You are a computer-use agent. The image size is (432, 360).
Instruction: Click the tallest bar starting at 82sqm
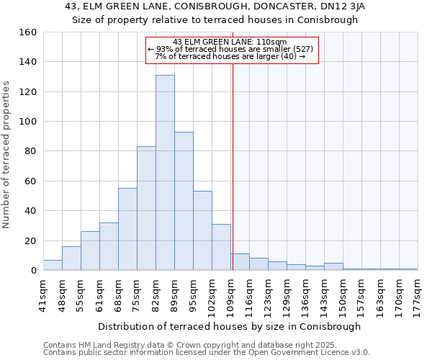[x=165, y=173]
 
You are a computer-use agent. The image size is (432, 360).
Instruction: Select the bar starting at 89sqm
[x=184, y=201]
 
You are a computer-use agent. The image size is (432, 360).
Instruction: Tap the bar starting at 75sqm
[x=146, y=208]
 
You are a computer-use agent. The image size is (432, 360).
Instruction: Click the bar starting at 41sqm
[x=53, y=265]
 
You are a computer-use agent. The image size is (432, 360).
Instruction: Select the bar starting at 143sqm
[x=333, y=266]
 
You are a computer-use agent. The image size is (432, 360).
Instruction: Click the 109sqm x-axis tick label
[x=231, y=294]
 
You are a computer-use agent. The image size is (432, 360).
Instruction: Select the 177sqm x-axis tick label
[x=418, y=294]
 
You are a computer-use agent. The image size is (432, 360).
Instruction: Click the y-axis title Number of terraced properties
[x=7, y=154]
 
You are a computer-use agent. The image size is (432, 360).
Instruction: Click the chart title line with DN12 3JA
[x=215, y=6]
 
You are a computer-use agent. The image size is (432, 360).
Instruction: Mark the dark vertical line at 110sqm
[x=233, y=180]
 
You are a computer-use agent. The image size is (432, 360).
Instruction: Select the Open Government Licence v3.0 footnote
[x=207, y=352]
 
